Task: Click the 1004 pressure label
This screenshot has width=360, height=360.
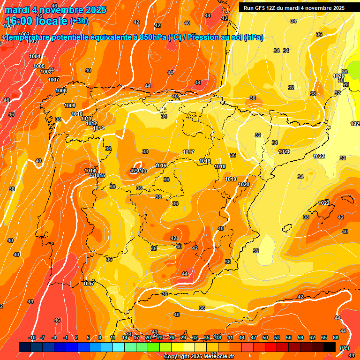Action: (x=35, y=56)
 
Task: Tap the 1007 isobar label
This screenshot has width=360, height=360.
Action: (x=53, y=80)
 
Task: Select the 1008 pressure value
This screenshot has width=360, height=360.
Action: (x=61, y=90)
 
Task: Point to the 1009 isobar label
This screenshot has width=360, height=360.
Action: (x=70, y=105)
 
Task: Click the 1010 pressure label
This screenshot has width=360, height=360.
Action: (x=77, y=114)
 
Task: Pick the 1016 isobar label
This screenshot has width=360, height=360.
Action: (x=161, y=165)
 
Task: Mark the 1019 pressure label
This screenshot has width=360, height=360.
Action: (x=230, y=179)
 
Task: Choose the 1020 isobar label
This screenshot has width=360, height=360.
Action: (x=244, y=184)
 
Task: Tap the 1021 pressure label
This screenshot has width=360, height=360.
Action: (x=284, y=151)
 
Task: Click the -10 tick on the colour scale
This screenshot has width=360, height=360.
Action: (x=32, y=337)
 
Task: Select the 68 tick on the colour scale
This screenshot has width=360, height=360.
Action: (x=336, y=337)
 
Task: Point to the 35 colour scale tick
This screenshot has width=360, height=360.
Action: (x=207, y=337)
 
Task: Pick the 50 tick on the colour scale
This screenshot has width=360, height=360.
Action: (x=265, y=337)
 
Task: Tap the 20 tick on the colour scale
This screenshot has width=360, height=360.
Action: (x=148, y=337)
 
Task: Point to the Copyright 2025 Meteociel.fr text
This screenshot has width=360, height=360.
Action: (x=199, y=357)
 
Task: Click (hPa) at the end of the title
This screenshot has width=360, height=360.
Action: (x=254, y=37)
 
